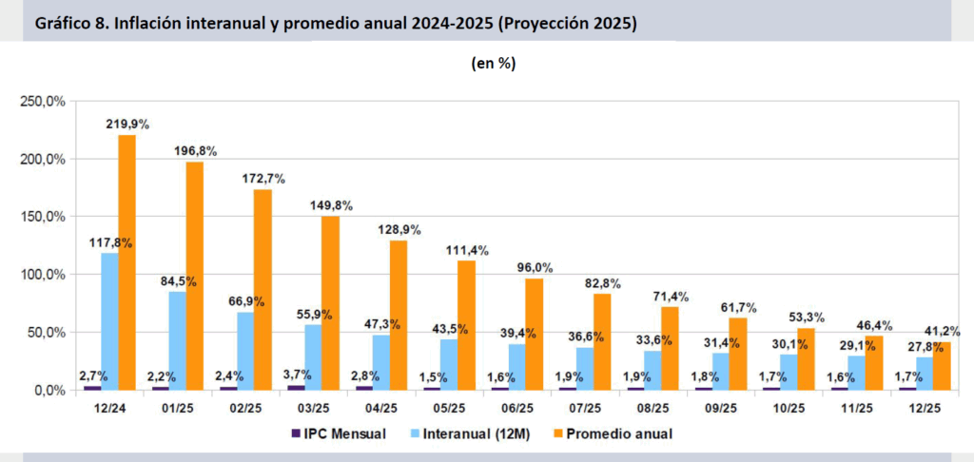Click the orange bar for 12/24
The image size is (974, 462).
point(127,261)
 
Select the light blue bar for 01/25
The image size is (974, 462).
point(178,340)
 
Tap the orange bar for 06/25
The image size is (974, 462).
point(535,334)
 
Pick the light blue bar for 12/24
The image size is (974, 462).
point(109,320)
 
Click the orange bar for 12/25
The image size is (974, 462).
point(942,365)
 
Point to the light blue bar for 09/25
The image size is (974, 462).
point(721,371)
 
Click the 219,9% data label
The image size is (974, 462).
point(128,124)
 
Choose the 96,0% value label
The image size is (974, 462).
point(535,267)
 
